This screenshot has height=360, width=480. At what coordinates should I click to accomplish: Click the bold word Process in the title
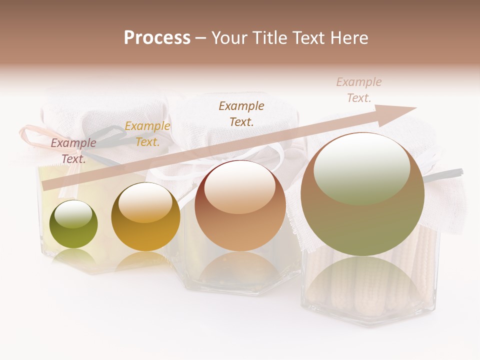pyautogui.click(x=157, y=38)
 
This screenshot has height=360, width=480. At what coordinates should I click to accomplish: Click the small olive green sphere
pyautogui.click(x=74, y=225)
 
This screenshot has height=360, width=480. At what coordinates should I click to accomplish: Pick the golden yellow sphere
pyautogui.click(x=145, y=217)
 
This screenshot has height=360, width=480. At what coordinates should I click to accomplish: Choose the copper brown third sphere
pyautogui.click(x=240, y=206)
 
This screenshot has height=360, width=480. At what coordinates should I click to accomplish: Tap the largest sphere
pyautogui.click(x=362, y=195)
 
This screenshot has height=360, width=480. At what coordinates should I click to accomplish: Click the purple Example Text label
pyautogui.click(x=73, y=150)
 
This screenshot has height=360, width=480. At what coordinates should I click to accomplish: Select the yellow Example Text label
pyautogui.click(x=147, y=134)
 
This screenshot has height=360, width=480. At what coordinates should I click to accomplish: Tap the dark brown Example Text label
pyautogui.click(x=241, y=113)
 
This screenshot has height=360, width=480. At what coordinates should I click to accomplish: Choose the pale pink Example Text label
pyautogui.click(x=358, y=90)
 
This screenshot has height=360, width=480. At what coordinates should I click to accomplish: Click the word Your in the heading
pyautogui.click(x=229, y=38)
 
